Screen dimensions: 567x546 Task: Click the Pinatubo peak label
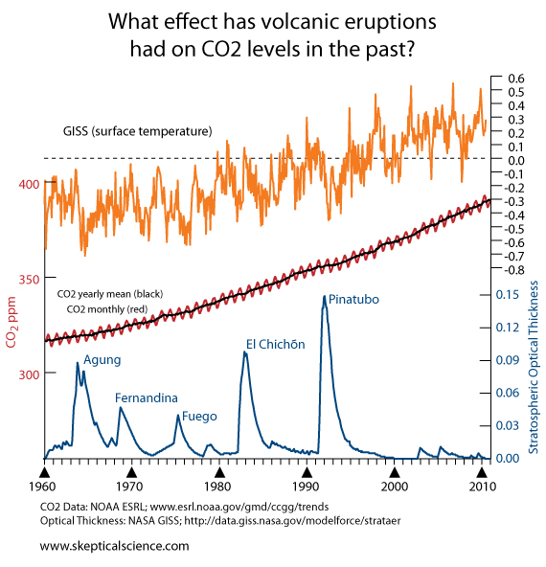(x=353, y=300)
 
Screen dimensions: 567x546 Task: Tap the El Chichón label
(x=275, y=344)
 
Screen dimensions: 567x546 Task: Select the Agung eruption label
(x=102, y=360)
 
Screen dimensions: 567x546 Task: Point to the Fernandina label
(x=146, y=397)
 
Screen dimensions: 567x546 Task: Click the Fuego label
(x=199, y=417)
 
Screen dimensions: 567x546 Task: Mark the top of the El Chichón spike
(x=245, y=352)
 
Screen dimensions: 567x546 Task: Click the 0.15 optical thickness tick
(x=507, y=295)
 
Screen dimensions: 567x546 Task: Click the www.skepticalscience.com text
(x=114, y=545)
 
